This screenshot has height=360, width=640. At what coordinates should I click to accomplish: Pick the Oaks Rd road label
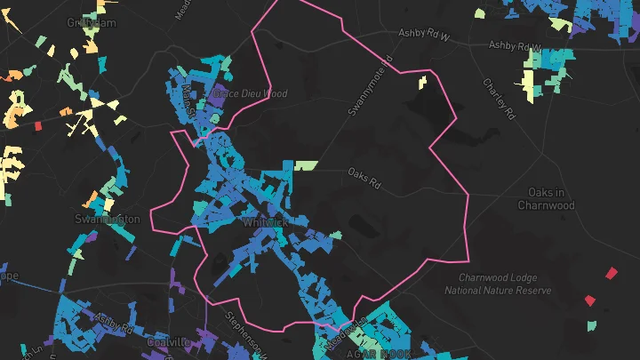click(x=364, y=179)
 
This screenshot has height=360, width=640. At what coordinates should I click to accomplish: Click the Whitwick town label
click(x=262, y=223)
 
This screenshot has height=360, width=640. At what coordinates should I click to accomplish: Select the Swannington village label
click(x=108, y=219)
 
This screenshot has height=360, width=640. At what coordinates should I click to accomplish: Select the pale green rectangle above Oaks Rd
click(x=306, y=165)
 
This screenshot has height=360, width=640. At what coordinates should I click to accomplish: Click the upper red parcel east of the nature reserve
click(x=611, y=273)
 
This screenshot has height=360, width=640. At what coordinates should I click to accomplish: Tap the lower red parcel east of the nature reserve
click(x=590, y=300)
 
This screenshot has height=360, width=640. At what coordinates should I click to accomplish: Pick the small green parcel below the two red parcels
click(x=591, y=325)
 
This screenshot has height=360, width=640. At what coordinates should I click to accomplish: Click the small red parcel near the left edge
click(x=37, y=125)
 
